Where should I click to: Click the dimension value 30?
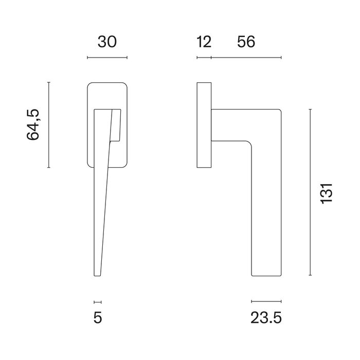(x=107, y=42)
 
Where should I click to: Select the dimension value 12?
(x=204, y=42)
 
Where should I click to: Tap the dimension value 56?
(x=246, y=42)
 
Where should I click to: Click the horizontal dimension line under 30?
(x=107, y=57)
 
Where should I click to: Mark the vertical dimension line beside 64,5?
(x=48, y=124)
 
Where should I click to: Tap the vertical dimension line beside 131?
(x=310, y=192)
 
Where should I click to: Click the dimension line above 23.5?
(x=266, y=301)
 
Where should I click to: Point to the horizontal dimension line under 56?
(x=246, y=57)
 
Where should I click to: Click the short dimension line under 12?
(x=204, y=57)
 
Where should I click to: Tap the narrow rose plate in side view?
(x=204, y=124)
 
